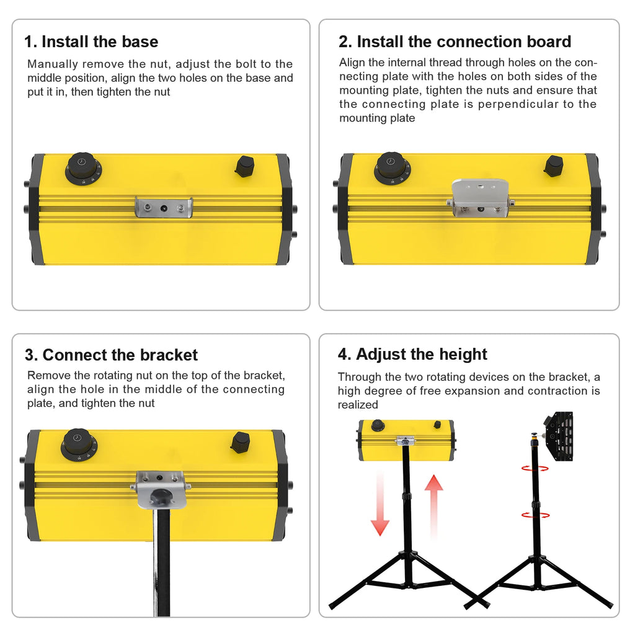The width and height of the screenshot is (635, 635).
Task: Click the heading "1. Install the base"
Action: click(91, 42)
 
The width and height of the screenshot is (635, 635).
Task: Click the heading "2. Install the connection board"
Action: click(455, 42)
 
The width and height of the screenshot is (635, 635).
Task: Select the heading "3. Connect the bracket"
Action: click(111, 355)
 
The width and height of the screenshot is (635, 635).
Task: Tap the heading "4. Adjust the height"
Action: click(412, 354)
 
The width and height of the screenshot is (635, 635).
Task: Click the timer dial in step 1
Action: click(83, 169)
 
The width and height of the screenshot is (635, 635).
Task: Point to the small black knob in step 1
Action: click(244, 166)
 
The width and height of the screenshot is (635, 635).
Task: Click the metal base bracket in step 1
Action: click(164, 207)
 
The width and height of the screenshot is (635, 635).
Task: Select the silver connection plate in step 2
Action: click(480, 198)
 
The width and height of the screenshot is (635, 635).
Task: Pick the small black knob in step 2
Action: click(553, 166)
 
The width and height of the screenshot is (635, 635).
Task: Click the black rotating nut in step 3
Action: click(161, 495)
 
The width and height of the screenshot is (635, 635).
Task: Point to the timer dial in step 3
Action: click(79, 445)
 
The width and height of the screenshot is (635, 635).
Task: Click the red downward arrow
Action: click(380, 504)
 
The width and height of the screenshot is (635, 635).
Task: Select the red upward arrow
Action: click(433, 506)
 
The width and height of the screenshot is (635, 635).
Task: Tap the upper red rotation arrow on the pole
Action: click(535, 469)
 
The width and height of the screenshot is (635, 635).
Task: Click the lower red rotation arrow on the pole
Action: click(535, 515)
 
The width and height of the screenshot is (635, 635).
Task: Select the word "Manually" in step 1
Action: click(53, 64)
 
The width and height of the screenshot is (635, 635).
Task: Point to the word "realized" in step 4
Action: click(358, 404)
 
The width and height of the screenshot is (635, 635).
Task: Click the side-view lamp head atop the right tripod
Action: click(559, 436)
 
